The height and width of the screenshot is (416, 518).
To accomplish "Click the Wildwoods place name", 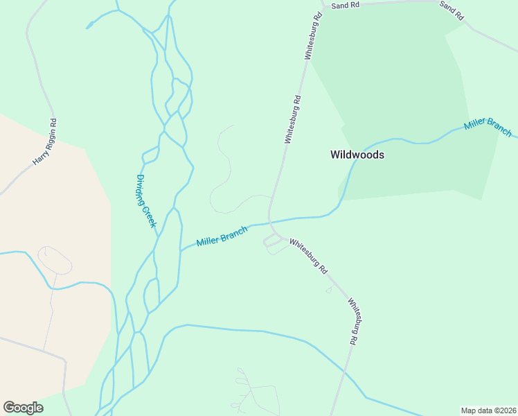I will [357, 155].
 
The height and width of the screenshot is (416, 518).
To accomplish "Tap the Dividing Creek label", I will [146, 201].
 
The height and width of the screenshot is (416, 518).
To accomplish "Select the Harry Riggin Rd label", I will [45, 141].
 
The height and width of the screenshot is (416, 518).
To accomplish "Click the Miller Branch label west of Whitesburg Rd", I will [222, 236].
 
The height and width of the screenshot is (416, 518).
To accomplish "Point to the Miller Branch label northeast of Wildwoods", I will [488, 127].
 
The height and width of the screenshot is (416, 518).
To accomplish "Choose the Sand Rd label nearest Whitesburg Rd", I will [346, 5].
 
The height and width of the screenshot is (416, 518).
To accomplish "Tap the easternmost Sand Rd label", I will [452, 10].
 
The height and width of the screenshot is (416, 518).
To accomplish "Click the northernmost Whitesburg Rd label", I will [312, 35].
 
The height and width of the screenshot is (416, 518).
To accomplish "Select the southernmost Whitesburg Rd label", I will [354, 322].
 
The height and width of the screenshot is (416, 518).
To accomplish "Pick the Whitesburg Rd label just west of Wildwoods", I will [292, 119].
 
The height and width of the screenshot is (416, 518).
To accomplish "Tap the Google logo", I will [23, 408].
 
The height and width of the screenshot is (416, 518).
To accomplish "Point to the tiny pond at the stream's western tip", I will [89, 26].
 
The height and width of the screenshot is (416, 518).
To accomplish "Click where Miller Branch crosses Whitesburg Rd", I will [269, 223].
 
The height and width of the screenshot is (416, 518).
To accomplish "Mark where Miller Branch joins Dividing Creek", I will [181, 249].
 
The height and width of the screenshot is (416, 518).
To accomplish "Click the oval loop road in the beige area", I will [55, 259].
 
